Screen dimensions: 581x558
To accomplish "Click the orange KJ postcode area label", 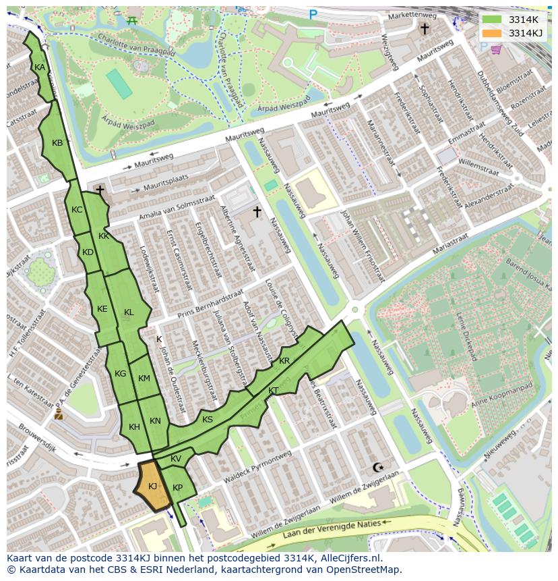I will click(152, 486).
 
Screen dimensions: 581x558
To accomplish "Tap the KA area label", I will click(40, 67).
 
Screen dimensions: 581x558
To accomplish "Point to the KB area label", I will click(57, 143).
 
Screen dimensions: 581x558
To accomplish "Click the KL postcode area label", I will click(129, 312).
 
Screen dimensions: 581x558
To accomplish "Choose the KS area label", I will click(208, 420).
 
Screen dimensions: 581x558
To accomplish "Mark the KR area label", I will click(284, 361).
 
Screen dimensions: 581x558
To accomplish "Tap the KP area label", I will click(177, 488).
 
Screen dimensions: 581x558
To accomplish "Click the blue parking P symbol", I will click(313, 14).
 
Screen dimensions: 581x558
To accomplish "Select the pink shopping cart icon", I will click(496, 49).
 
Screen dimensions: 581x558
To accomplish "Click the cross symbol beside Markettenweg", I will click(425, 28).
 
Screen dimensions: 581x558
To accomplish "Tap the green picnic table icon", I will click(133, 20).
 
